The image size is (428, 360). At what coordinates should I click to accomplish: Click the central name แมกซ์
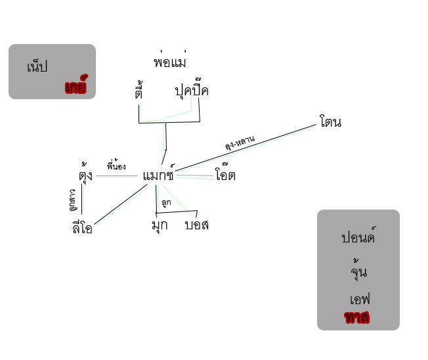(158, 175)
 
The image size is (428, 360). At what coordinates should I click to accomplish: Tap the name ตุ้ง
(85, 175)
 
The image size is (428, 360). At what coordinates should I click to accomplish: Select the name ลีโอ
(82, 227)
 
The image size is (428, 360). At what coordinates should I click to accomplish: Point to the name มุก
(159, 225)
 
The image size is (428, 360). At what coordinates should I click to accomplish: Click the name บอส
(196, 225)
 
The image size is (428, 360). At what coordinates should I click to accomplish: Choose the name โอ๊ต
(225, 175)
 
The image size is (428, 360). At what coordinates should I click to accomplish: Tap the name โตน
(330, 122)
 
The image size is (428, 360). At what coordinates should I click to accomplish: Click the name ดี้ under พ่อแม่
(138, 92)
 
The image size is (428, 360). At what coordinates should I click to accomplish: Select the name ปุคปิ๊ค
(191, 91)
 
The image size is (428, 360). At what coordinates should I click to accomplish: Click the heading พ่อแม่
(169, 62)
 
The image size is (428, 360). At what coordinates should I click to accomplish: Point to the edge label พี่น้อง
(116, 167)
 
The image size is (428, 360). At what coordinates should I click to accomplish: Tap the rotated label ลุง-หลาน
(240, 143)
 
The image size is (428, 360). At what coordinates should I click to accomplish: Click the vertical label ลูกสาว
(72, 200)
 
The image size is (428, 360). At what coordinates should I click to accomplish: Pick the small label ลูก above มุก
(165, 202)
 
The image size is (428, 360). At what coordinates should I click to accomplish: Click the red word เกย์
(76, 87)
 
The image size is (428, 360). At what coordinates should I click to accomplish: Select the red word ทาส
(356, 318)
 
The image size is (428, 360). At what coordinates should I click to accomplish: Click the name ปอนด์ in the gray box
(357, 237)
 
